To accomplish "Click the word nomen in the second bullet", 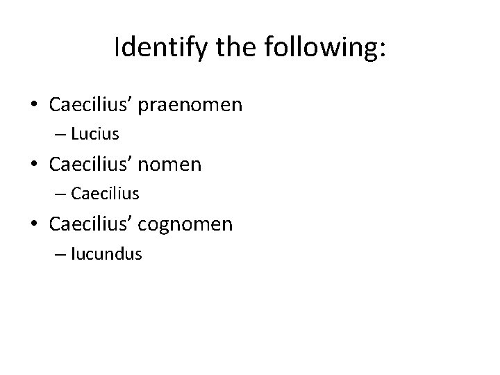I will coord(174,165).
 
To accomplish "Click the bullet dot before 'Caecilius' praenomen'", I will coord(35,106).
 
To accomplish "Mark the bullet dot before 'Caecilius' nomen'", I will coord(35,165).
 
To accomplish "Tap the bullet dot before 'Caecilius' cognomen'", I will coord(35,224).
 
